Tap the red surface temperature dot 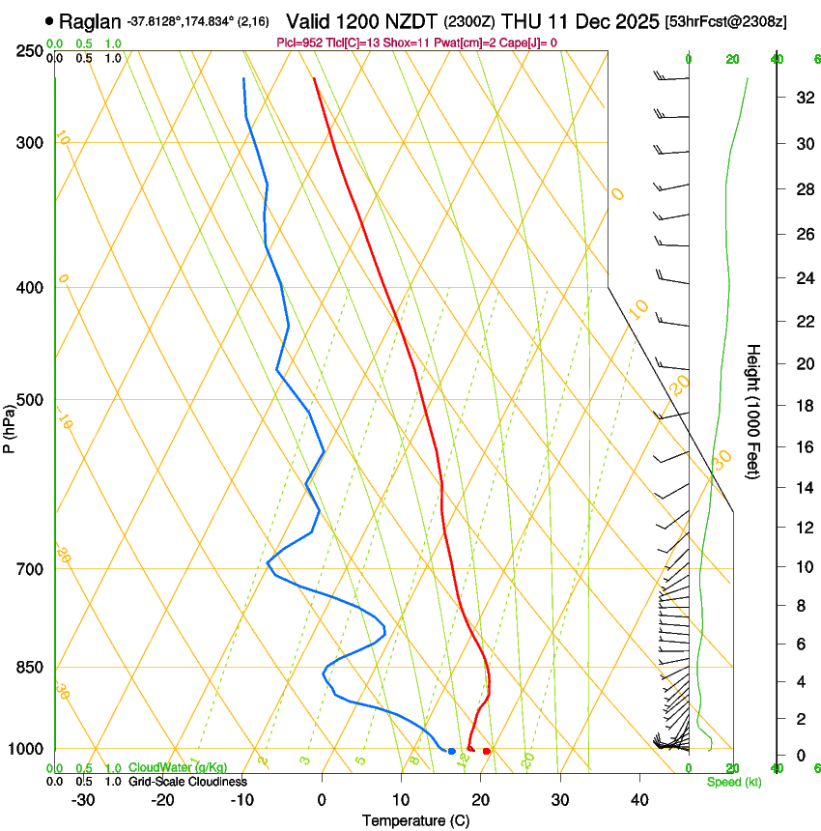point(487,751)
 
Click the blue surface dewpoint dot point(451,751)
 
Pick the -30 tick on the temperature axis point(83,799)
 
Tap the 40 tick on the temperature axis point(639,799)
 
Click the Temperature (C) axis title point(415,820)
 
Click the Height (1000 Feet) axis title point(754,411)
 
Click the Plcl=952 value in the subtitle point(301,42)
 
